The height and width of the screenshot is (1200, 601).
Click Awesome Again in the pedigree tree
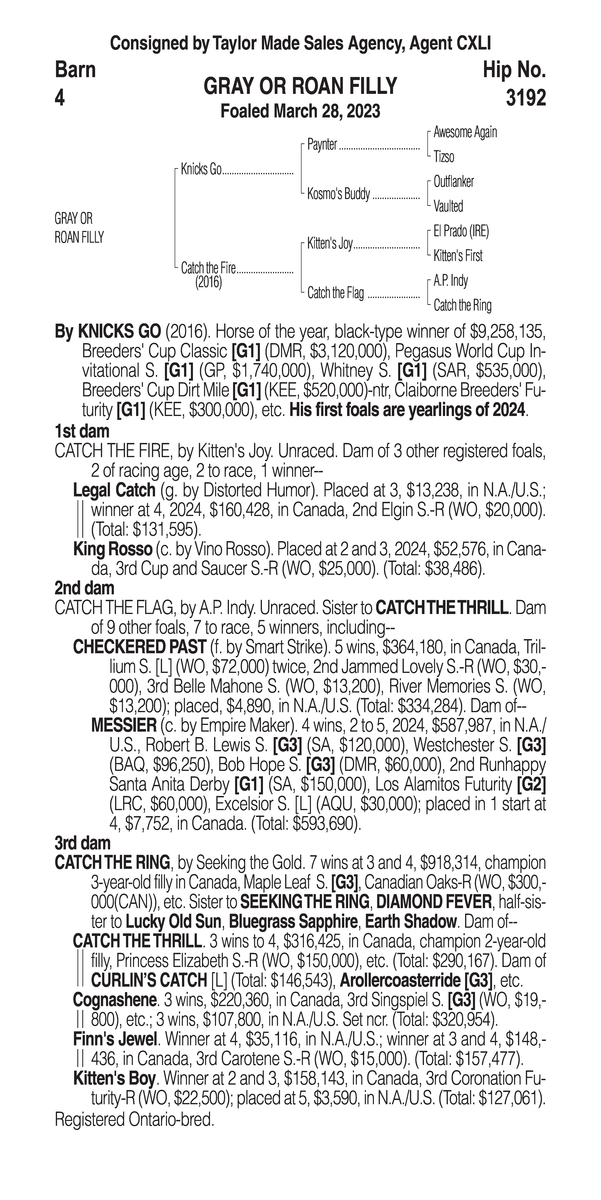tap(465, 132)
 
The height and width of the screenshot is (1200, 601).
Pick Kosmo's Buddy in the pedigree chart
tap(338, 194)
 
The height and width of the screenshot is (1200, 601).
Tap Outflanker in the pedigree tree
tap(453, 182)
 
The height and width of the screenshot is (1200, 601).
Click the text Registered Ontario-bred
tap(134, 1119)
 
